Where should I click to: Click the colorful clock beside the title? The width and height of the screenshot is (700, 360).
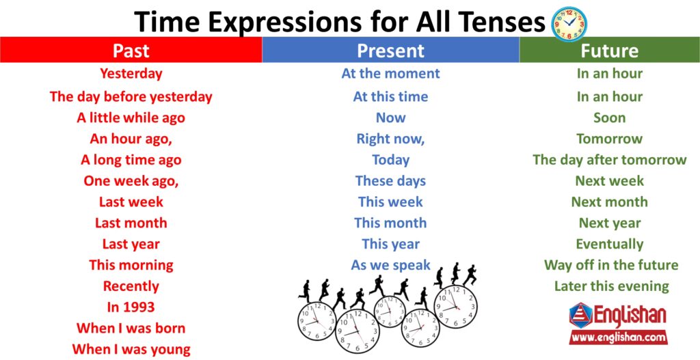click(x=569, y=24)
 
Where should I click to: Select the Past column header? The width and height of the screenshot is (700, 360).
click(x=131, y=50)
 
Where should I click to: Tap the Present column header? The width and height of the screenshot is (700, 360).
click(x=390, y=50)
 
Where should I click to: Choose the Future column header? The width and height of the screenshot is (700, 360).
click(x=609, y=50)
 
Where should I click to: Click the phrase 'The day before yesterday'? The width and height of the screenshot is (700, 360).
click(x=131, y=97)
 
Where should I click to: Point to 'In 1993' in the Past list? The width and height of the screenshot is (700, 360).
click(x=131, y=307)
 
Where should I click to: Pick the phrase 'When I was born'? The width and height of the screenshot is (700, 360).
click(x=131, y=328)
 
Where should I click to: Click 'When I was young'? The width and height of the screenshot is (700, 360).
click(x=131, y=349)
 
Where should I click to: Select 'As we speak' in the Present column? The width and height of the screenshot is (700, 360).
click(x=390, y=265)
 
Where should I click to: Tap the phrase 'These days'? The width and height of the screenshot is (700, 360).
click(x=390, y=180)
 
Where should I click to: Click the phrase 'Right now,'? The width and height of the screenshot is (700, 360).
click(x=390, y=139)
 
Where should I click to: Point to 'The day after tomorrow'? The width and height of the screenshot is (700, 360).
click(x=609, y=160)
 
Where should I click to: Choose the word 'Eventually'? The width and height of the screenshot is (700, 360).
click(x=609, y=244)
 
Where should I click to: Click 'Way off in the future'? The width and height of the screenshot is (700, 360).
click(x=610, y=265)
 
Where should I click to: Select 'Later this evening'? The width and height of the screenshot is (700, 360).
click(x=612, y=286)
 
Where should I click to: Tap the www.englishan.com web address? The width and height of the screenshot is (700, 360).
click(x=618, y=337)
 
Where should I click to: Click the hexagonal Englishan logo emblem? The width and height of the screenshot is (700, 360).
click(x=581, y=316)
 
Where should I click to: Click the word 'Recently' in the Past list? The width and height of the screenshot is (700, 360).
click(x=131, y=286)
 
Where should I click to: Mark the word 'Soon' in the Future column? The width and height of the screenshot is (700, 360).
click(x=609, y=117)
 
